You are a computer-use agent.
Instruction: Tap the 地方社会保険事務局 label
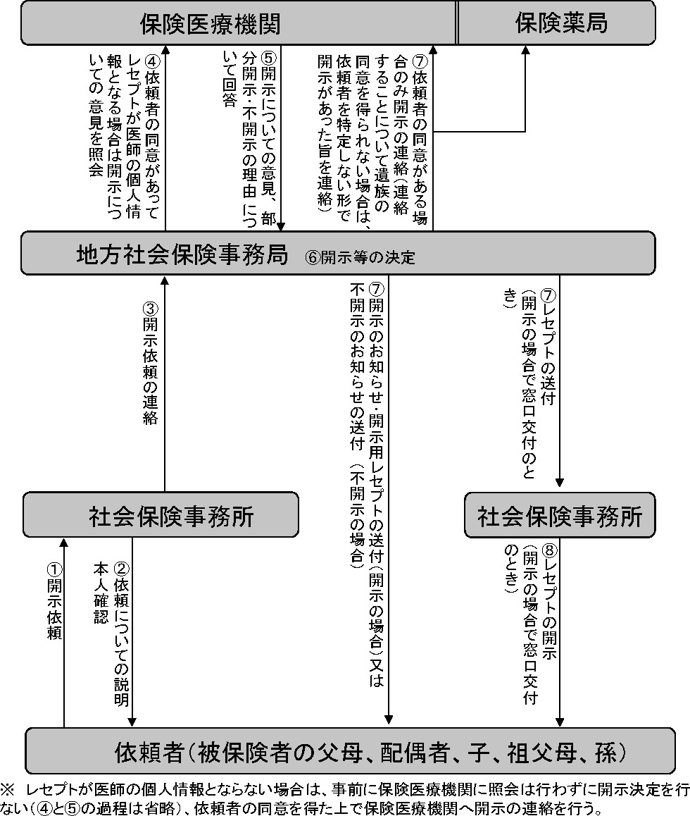[182, 255]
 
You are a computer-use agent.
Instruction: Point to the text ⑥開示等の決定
[360, 257]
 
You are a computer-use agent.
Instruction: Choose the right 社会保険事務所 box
[560, 517]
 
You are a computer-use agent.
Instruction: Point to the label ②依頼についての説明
[121, 634]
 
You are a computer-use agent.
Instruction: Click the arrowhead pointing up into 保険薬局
[525, 50]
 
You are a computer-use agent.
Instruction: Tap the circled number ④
[150, 58]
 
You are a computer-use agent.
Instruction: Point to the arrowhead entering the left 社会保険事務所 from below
[64, 543]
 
